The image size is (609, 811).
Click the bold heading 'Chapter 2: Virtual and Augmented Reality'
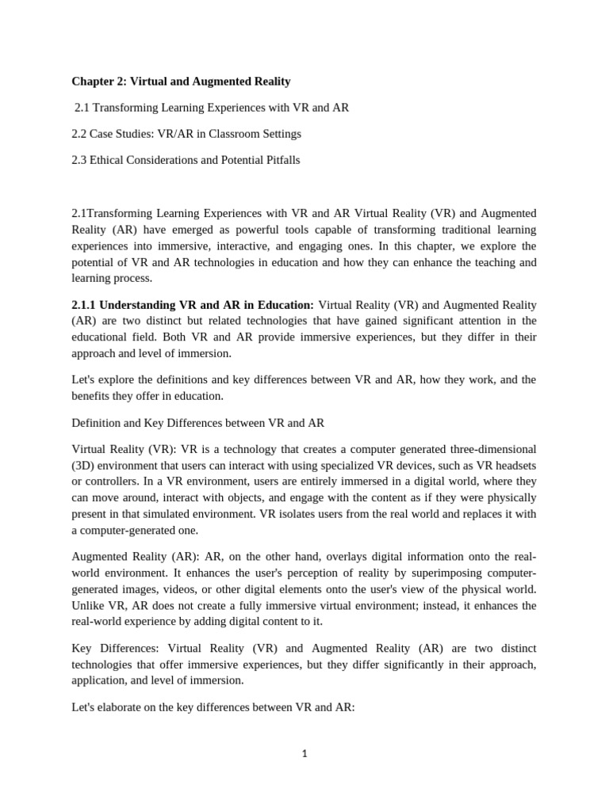click(x=181, y=81)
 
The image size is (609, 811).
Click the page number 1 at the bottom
click(x=304, y=753)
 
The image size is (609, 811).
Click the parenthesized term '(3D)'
click(x=85, y=466)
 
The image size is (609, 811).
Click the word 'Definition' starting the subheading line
click(x=97, y=423)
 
